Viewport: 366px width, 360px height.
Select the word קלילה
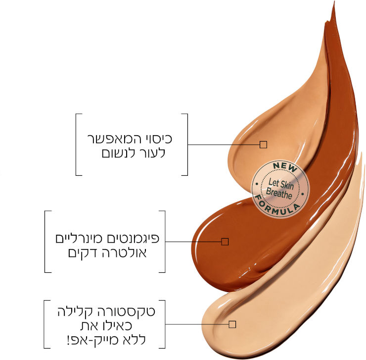pyautogui.click(x=77, y=312)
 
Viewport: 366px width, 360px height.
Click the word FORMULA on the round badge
pyautogui.click(x=280, y=206)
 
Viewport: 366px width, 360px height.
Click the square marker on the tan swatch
pyautogui.click(x=263, y=145)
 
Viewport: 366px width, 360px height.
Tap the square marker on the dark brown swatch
pyautogui.click(x=225, y=242)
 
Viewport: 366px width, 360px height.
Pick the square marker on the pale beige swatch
pyautogui.click(x=232, y=324)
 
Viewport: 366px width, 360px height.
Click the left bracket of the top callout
pyautogui.click(x=77, y=145)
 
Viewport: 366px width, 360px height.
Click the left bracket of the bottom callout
pyautogui.click(x=45, y=324)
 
